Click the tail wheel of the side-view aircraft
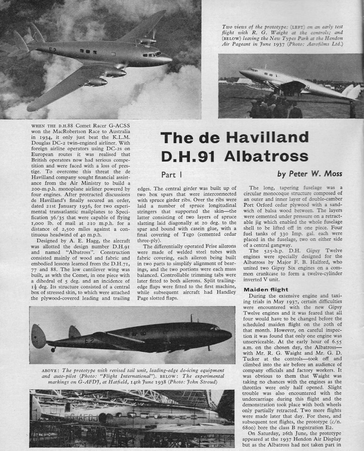(53, 349)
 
